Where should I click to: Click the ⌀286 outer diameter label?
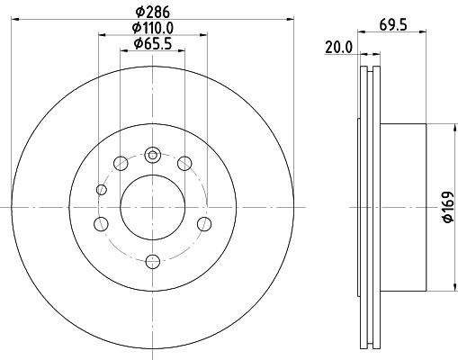152,13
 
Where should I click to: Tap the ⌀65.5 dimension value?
152,43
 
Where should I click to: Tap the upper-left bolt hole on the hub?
121,163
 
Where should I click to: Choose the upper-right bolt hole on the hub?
184,163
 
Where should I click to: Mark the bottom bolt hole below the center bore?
152,261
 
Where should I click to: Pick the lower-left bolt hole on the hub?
102,223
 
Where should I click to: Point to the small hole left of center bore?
100,189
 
